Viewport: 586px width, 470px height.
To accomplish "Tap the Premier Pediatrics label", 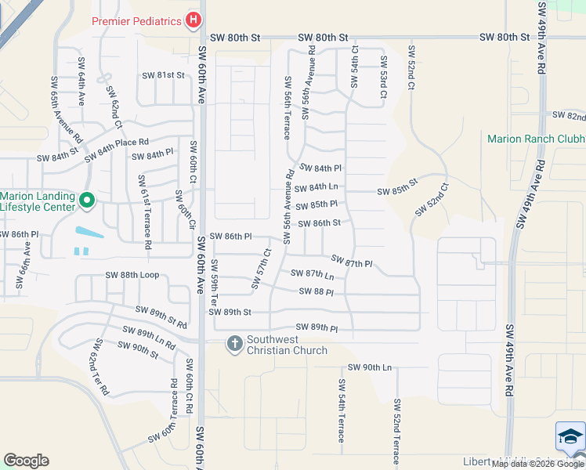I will (x=137, y=21).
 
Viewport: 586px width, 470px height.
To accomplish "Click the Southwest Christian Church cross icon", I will (x=234, y=343).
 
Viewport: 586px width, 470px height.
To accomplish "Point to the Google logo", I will (x=26, y=461).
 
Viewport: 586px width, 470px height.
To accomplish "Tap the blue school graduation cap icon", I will (x=570, y=436).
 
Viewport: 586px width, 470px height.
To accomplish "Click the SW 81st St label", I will (x=163, y=75).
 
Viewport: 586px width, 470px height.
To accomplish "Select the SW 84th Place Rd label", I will (x=116, y=144).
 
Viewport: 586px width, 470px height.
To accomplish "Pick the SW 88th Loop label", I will (x=132, y=276).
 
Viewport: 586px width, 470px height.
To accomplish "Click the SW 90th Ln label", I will (x=369, y=367).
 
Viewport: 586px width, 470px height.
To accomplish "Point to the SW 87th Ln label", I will (x=313, y=274).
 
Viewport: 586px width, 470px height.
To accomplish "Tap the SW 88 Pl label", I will (x=317, y=292).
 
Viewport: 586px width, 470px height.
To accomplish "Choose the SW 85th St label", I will (x=397, y=191).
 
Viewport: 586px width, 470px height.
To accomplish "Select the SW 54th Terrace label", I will (x=342, y=410).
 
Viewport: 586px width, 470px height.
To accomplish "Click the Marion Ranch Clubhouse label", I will (x=535, y=139).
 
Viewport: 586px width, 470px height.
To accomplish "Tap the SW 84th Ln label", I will (x=317, y=187).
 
